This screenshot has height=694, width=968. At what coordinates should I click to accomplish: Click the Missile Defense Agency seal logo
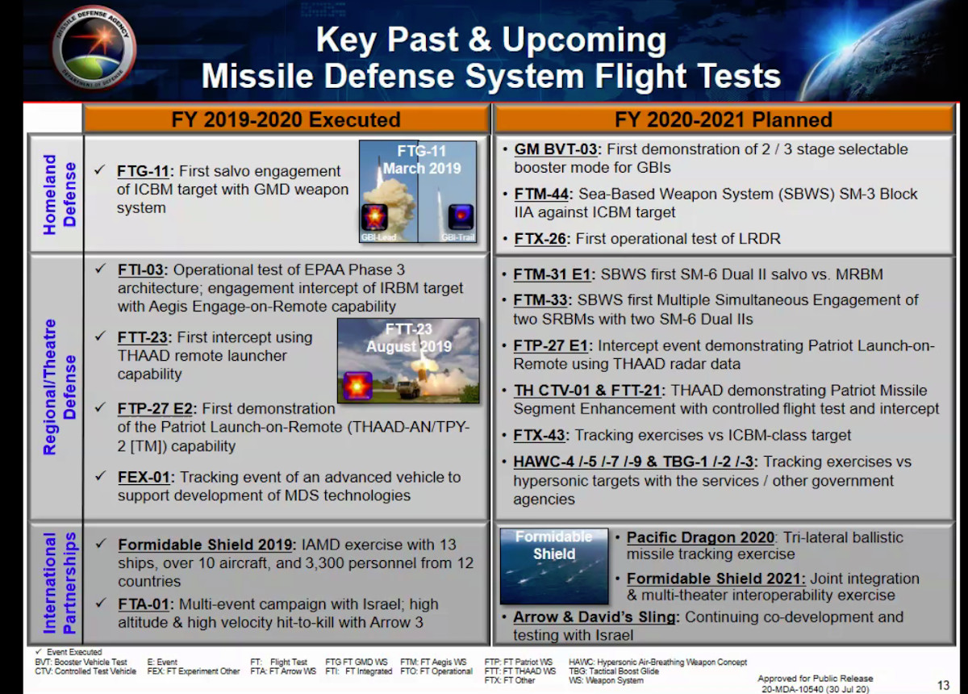tap(94, 48)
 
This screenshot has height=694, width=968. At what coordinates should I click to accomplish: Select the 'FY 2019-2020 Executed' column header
tap(286, 119)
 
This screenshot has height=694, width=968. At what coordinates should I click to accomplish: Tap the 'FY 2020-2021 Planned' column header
tap(724, 119)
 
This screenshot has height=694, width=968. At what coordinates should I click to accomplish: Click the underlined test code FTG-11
tap(143, 171)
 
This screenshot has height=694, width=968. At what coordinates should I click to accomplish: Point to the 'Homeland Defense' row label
tap(60, 194)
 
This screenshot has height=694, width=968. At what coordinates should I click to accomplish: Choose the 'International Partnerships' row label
tap(60, 583)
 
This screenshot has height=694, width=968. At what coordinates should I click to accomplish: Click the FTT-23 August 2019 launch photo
tap(408, 361)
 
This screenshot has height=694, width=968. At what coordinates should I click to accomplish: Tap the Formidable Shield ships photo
tap(554, 566)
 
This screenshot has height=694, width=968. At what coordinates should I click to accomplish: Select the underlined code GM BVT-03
tap(555, 149)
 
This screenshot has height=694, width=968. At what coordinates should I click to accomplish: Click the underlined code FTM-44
tap(541, 194)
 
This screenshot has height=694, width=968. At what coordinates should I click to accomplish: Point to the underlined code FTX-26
tap(540, 239)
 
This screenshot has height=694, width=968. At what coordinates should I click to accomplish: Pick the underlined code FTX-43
tap(539, 436)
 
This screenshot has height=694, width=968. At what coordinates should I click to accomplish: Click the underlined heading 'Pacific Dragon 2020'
tap(700, 537)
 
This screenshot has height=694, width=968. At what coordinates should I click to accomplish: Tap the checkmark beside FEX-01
tap(101, 476)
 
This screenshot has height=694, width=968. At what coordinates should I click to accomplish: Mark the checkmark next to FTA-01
tap(101, 603)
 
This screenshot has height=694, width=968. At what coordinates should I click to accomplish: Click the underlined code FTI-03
tap(140, 270)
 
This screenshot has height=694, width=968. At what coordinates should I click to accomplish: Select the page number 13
tap(943, 685)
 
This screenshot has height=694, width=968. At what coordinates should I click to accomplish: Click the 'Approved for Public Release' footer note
tap(815, 684)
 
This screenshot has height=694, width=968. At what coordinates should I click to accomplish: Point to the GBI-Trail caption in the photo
tap(457, 237)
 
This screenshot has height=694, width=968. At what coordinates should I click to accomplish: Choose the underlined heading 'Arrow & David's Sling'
tap(595, 617)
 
